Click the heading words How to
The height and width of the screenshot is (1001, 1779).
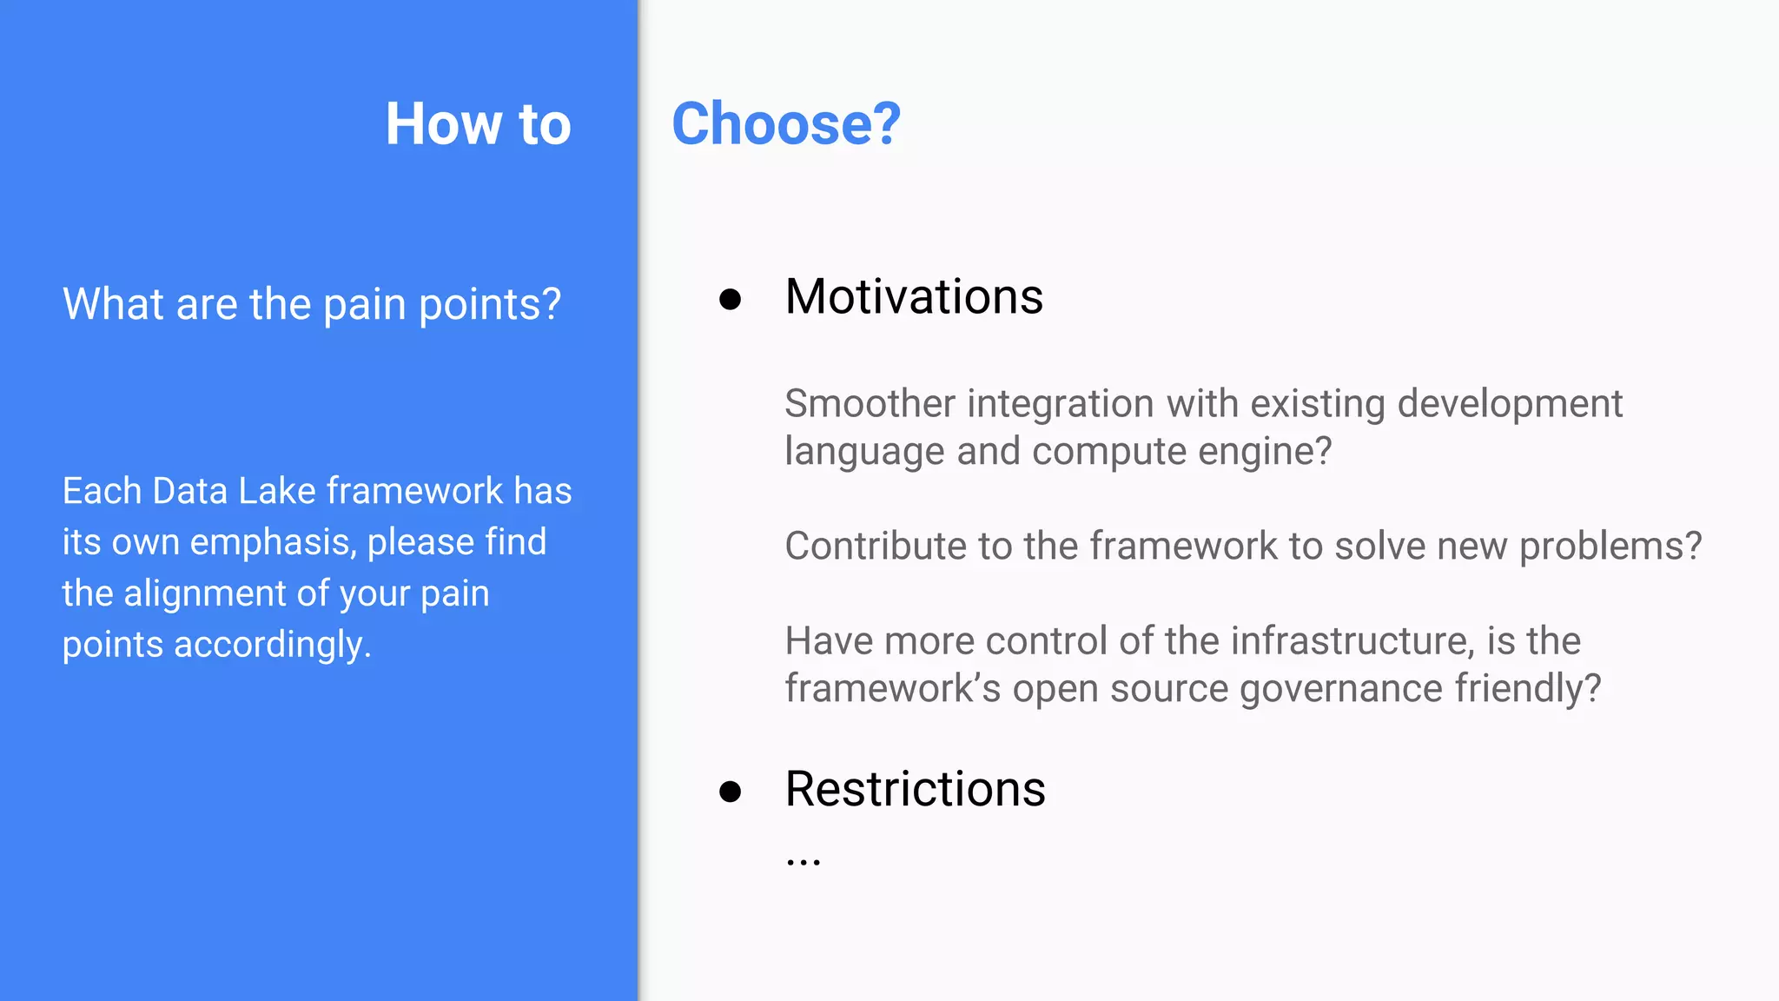(478, 123)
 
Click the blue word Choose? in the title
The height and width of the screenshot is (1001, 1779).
(786, 123)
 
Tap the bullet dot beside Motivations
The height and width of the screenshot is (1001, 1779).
(730, 300)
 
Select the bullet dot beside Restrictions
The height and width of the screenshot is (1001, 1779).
(730, 792)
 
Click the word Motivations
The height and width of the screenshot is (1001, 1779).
(914, 297)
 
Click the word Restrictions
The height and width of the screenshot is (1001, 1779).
(915, 789)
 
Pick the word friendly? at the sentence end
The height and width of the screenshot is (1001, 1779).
(1528, 688)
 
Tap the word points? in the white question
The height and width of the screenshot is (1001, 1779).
(490, 306)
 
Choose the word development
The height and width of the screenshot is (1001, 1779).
(1510, 404)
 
